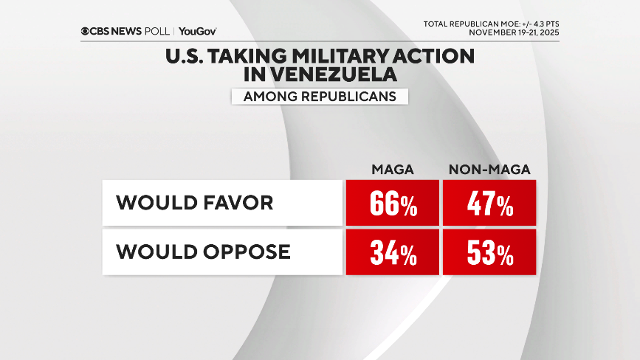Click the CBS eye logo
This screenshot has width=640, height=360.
(86, 31)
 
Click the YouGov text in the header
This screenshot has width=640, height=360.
(197, 31)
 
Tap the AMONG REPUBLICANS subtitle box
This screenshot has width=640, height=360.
(320, 96)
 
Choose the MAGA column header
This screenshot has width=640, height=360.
(392, 170)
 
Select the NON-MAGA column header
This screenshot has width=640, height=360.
(489, 170)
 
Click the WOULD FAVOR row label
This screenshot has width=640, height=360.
(194, 202)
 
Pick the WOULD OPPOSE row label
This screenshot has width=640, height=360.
(203, 252)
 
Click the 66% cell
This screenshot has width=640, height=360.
(393, 203)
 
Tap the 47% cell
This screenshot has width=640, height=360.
(489, 203)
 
